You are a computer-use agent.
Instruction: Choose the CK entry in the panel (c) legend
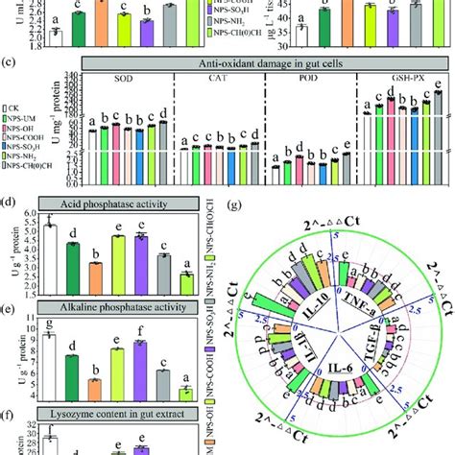13,109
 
